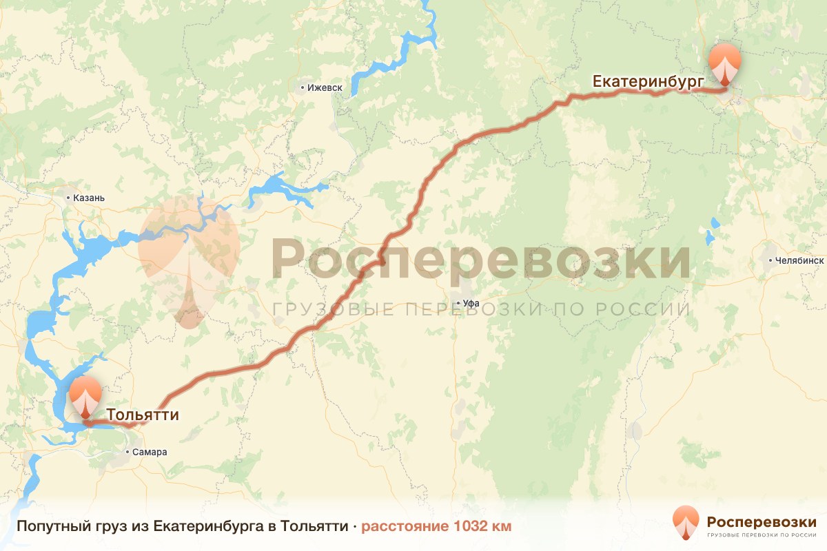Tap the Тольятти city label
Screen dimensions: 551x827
(143, 415)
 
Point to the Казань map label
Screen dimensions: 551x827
(88, 198)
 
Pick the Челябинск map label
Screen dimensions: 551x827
(800, 261)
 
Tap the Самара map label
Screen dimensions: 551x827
(151, 453)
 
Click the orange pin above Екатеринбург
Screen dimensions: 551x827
(725, 63)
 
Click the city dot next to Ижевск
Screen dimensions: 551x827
(303, 88)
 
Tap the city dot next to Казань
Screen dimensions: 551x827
(68, 198)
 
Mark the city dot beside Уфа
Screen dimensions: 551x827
(458, 303)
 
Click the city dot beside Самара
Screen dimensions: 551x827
(128, 453)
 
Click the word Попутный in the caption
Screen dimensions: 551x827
(47, 527)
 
